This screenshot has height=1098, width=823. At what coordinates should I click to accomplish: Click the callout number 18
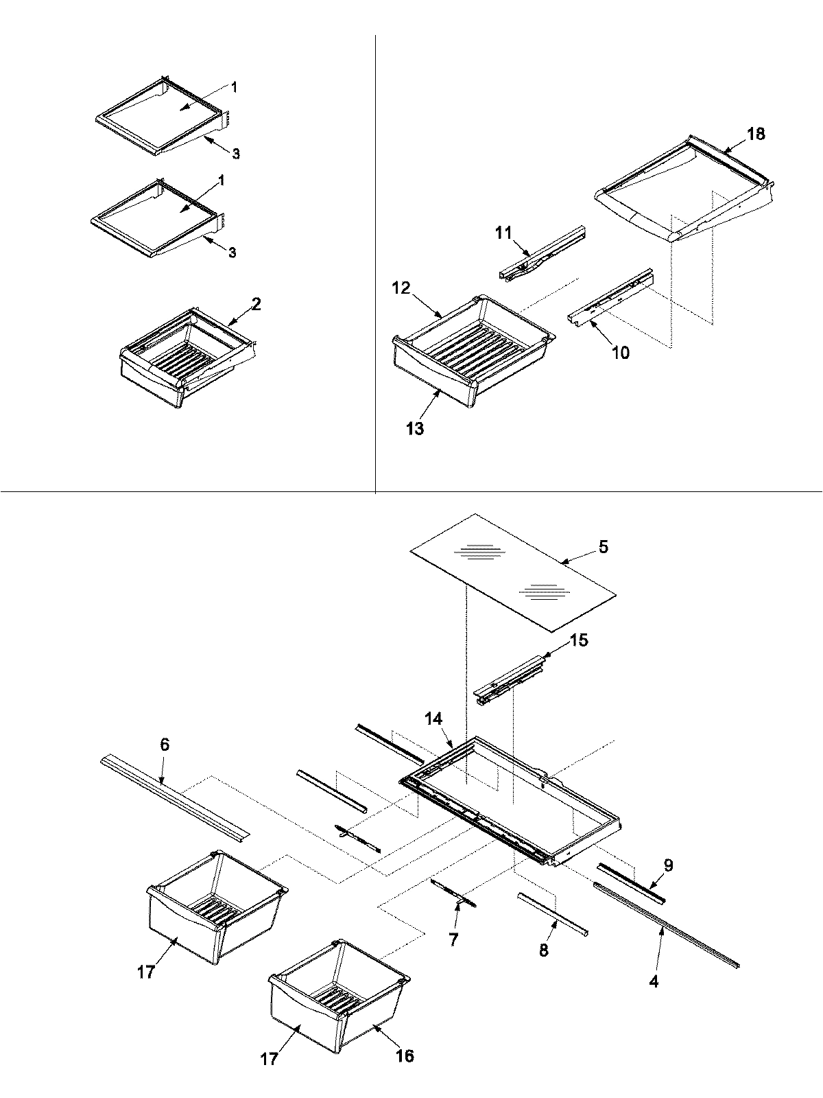pos(756,134)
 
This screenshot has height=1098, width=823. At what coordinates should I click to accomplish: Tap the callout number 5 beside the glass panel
pos(603,548)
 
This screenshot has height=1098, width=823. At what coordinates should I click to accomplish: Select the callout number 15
pos(579,640)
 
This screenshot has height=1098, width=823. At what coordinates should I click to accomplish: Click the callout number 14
pos(433,720)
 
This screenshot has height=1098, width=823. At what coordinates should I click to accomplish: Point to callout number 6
pos(164,745)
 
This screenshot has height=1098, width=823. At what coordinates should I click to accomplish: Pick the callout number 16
pos(405,1055)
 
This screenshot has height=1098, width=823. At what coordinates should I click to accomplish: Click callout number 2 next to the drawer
pos(255,304)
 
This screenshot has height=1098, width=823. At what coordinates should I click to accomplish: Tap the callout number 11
pos(503,233)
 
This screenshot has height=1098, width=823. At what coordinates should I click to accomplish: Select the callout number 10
pos(620,353)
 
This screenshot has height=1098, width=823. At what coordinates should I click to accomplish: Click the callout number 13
pos(414,429)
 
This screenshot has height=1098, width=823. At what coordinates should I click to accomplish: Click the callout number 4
pos(654,982)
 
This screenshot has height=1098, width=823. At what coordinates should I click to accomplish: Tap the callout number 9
pos(668,865)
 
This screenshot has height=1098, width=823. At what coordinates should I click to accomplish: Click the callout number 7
pos(453,939)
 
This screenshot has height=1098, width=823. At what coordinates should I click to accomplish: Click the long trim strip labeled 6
pos(175,796)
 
